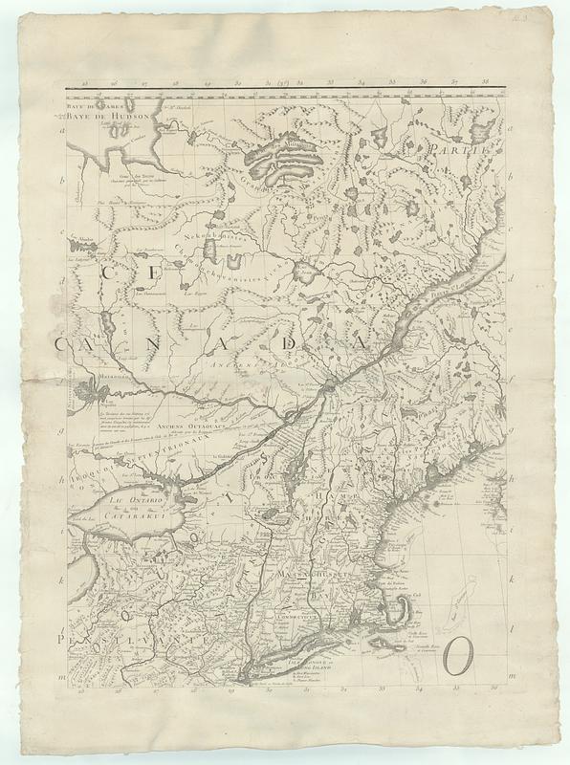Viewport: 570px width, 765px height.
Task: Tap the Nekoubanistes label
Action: click(201, 233)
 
